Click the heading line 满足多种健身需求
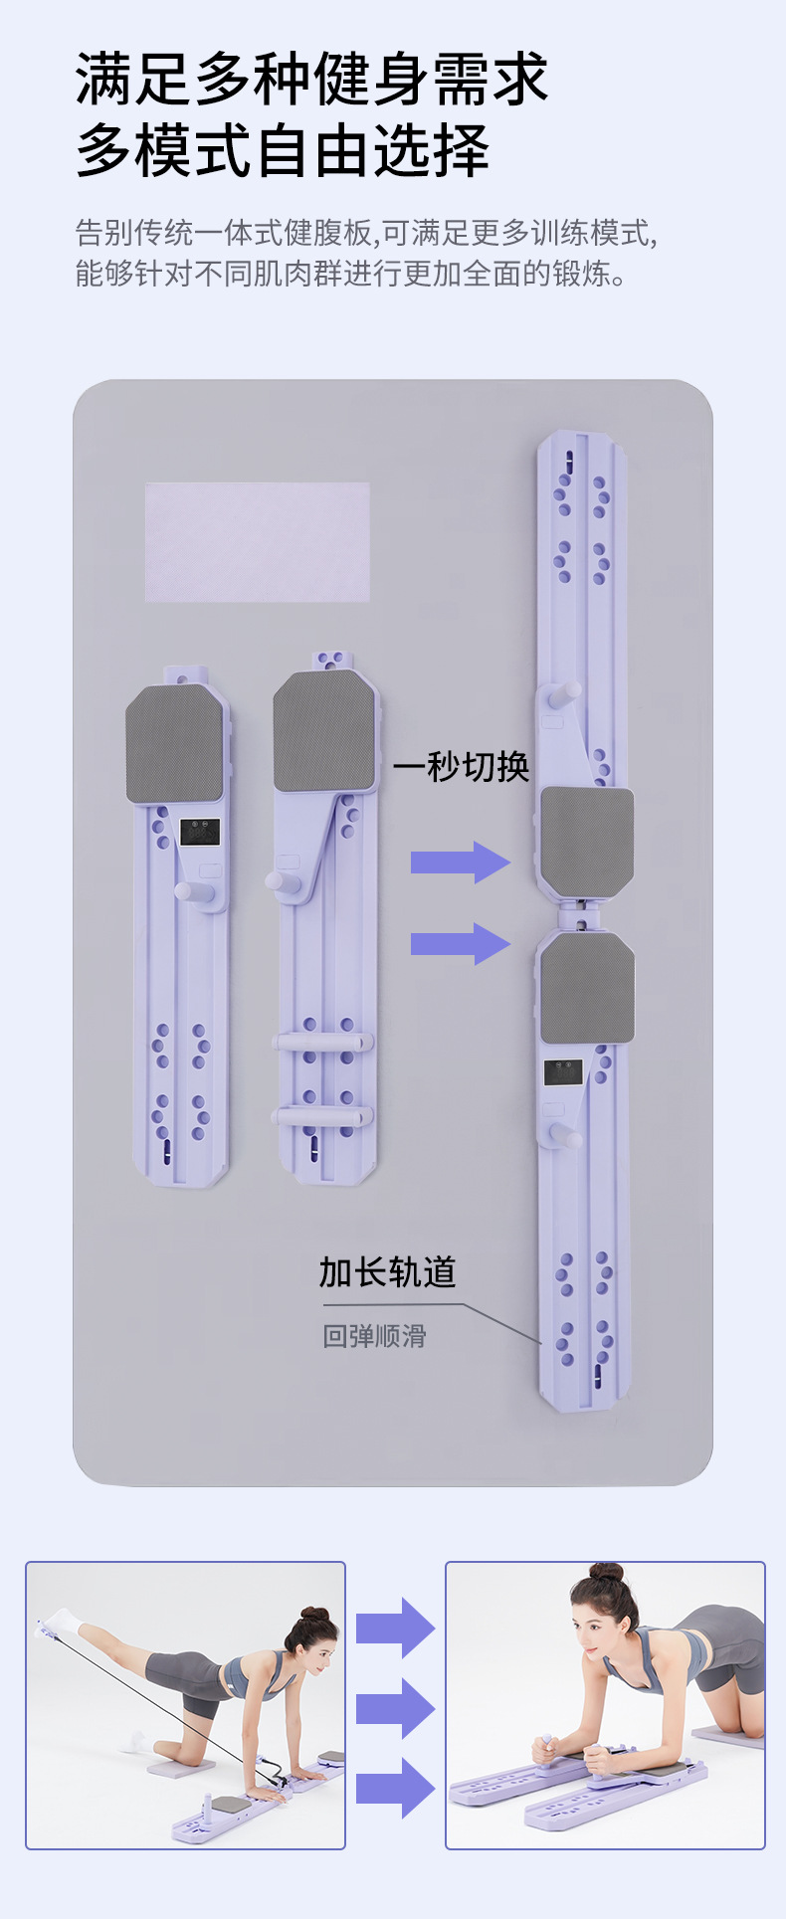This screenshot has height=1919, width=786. (x=311, y=80)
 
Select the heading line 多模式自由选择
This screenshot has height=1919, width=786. (x=283, y=151)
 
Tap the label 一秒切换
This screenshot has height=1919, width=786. (x=461, y=767)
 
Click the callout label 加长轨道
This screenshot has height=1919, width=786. (x=387, y=1272)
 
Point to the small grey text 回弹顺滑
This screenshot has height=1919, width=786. (x=374, y=1336)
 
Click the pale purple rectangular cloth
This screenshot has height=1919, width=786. (x=258, y=542)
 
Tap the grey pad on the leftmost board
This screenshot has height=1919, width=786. (x=174, y=743)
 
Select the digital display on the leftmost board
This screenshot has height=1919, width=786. (x=200, y=832)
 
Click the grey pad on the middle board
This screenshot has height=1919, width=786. (x=325, y=731)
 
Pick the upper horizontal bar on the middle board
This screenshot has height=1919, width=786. (x=323, y=1042)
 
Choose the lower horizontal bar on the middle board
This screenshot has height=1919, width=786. (x=323, y=1115)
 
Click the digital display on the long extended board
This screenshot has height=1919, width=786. (x=563, y=1072)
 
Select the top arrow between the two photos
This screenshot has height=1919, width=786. (x=395, y=1629)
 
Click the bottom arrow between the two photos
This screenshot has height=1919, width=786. (x=395, y=1788)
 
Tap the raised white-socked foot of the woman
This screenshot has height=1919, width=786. (x=60, y=1623)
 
